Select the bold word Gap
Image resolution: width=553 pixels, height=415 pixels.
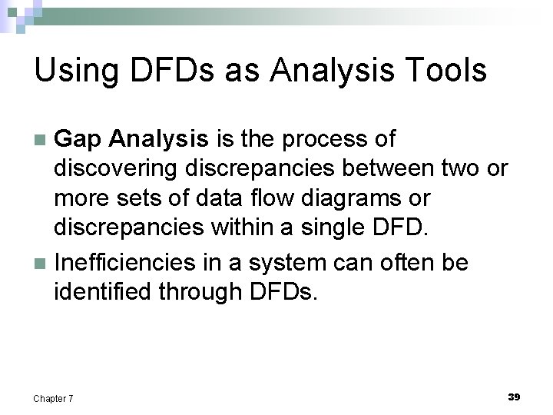[80, 140]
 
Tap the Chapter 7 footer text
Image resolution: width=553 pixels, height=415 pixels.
[53, 398]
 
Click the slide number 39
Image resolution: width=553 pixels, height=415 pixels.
[514, 397]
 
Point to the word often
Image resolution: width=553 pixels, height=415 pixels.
[399, 263]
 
